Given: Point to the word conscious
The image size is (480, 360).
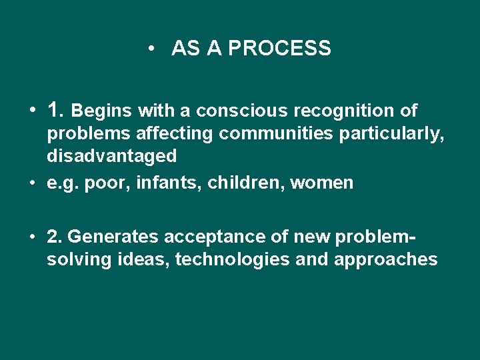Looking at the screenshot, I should (x=243, y=110).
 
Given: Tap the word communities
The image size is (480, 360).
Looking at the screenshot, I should (x=277, y=134).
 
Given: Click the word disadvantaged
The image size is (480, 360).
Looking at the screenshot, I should (x=111, y=157).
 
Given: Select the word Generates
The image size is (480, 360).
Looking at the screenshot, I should (x=111, y=237).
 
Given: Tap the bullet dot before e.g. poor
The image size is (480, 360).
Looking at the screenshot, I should (x=32, y=183).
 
